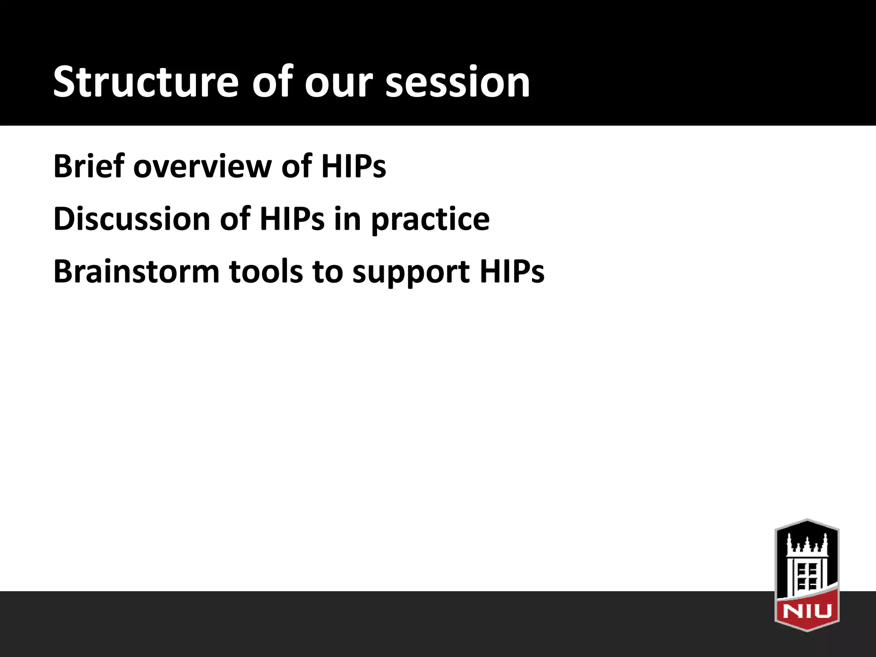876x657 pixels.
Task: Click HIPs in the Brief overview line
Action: pos(353,166)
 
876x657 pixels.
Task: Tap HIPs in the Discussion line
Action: pos(292,219)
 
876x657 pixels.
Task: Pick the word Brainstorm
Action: pos(136,272)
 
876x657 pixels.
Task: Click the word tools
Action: pos(266,272)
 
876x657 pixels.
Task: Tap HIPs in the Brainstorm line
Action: pos(512,272)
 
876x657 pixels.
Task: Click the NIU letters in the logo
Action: pos(807,610)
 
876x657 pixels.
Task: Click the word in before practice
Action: pos(347,219)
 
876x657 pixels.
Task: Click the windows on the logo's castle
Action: pos(807,576)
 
